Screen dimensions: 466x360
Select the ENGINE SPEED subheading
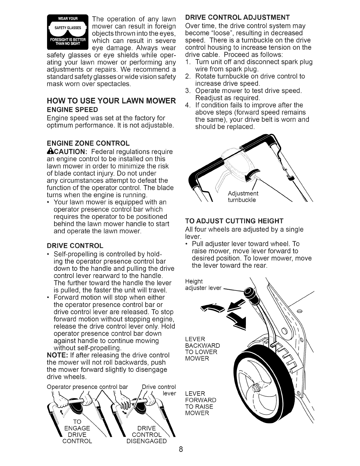click(72, 110)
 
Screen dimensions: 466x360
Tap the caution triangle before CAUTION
click(49, 152)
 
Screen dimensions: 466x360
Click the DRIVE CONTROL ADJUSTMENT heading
click(238, 16)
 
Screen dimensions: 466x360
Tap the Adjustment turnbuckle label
click(243, 197)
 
